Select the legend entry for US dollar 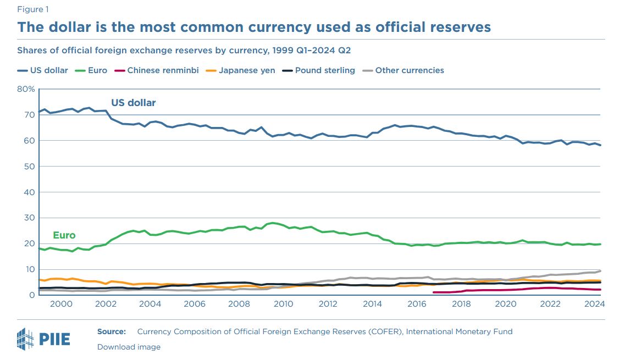point(43,70)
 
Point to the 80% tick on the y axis point(26,89)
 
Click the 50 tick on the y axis point(29,167)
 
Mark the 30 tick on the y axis point(29,218)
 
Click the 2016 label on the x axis point(417,304)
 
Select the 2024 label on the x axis point(594,304)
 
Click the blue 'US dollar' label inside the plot point(134,103)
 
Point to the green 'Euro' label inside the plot point(64,235)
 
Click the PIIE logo point(44,337)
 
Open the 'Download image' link point(129,347)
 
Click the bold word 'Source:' point(112,331)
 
